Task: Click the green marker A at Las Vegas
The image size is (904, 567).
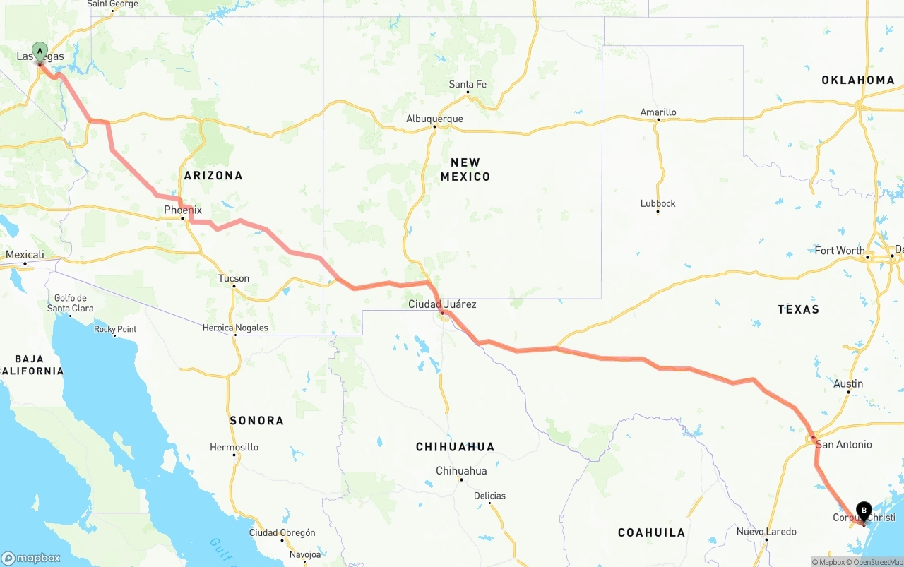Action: pos(40,51)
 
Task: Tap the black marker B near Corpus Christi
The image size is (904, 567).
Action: pos(864,511)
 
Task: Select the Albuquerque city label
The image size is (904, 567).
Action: pos(434,119)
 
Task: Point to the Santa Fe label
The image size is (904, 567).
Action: pos(468,84)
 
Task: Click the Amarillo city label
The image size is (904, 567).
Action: pos(658,112)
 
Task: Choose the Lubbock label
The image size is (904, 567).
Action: pos(658,203)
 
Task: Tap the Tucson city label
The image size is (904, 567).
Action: pos(233,278)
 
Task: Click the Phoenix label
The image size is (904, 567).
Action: pos(183,210)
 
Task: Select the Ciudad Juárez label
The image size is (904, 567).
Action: pos(442,304)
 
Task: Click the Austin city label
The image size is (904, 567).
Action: pos(848,383)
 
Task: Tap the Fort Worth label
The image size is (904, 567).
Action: pos(839,251)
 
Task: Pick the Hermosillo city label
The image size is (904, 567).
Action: pos(234,447)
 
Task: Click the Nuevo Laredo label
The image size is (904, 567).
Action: pos(766,532)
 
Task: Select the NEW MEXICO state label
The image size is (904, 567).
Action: pos(465,169)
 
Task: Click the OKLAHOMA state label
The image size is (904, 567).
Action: pos(857,80)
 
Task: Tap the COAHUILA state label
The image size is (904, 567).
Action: pos(651,532)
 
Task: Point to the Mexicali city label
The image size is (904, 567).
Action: pos(25,255)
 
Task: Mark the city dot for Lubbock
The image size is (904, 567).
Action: pos(658,212)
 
